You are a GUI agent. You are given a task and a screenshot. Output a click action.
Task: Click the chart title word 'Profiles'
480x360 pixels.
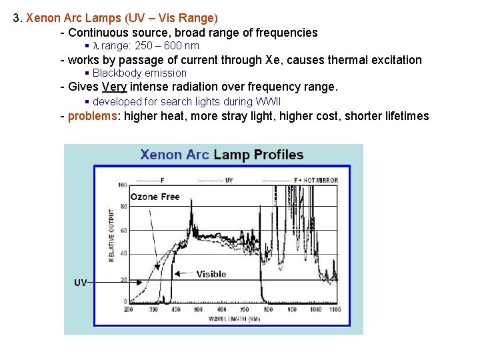(x=276, y=155)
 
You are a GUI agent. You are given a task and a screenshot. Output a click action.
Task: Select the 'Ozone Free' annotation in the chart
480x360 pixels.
(x=155, y=197)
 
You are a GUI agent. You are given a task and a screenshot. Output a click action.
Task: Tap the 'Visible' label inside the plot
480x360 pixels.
(x=211, y=274)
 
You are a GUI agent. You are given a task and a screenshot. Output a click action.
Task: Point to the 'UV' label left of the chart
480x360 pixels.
(x=80, y=283)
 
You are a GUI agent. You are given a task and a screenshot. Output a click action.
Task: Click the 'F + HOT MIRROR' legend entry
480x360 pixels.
(x=316, y=180)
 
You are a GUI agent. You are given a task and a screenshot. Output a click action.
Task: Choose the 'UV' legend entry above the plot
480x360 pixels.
(x=229, y=180)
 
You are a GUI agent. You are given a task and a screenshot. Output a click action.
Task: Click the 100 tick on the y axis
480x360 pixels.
(x=123, y=185)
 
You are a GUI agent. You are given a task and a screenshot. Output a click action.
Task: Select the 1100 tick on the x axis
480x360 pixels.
(x=335, y=309)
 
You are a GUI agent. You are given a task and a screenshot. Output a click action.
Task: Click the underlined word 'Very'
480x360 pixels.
(x=114, y=87)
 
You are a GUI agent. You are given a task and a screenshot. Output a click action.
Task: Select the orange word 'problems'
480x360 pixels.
(x=93, y=116)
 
